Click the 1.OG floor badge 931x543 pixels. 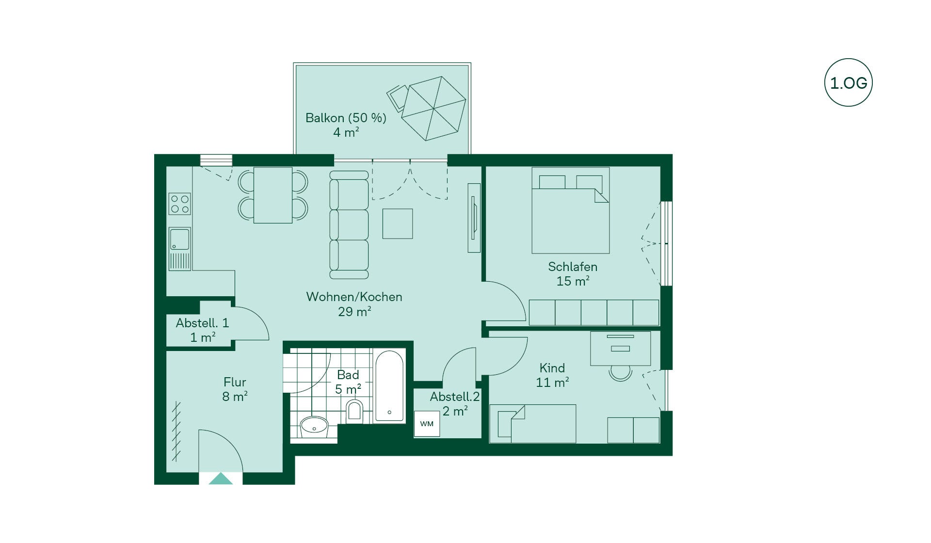[x=848, y=82]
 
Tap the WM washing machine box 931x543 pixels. [x=427, y=424]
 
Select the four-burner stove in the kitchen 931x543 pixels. [x=179, y=204]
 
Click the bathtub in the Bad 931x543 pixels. [x=389, y=386]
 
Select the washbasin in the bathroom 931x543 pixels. [x=314, y=427]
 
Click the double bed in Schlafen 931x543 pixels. [x=570, y=210]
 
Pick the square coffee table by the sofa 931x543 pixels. [x=398, y=224]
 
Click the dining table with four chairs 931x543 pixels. [x=273, y=195]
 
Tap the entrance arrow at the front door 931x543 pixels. [x=221, y=479]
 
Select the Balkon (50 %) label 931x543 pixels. [x=346, y=118]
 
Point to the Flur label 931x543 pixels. [x=235, y=382]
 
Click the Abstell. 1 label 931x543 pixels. [x=202, y=323]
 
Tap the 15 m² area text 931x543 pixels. [x=573, y=281]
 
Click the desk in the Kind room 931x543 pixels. [x=620, y=349]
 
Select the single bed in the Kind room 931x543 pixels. [x=533, y=424]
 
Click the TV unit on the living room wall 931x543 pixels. [x=474, y=218]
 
